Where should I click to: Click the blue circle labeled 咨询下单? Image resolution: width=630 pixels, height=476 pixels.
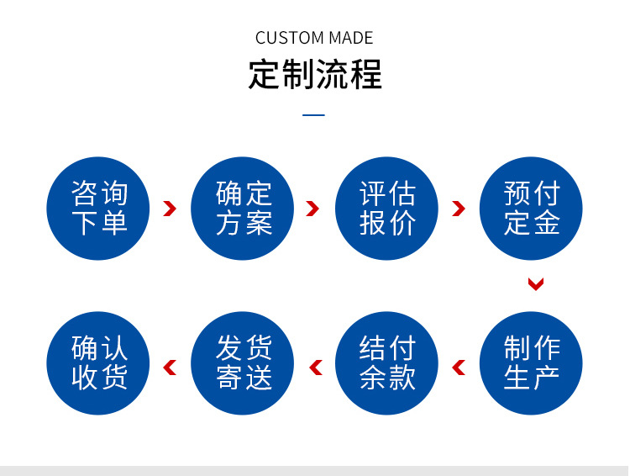coord(98,209)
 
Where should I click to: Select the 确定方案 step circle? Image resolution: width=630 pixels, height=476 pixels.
coord(243,209)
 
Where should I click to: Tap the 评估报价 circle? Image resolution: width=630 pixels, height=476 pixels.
coord(387,209)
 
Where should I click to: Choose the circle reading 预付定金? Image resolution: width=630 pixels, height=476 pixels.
coord(531,209)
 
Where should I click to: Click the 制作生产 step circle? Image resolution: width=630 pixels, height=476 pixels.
coord(531,362)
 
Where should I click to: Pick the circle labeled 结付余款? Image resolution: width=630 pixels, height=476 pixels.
coord(387,362)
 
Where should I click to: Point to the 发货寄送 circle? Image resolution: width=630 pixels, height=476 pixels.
coord(243,362)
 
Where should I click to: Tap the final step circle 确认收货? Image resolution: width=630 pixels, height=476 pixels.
coord(98,362)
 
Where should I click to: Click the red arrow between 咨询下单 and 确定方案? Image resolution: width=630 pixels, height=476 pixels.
coord(170,209)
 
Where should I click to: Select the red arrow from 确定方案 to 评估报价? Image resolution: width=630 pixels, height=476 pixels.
coord(313,209)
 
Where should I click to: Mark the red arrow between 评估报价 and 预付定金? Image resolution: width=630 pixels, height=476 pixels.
coord(458,209)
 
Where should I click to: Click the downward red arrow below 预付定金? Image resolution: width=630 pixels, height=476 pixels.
coord(536,284)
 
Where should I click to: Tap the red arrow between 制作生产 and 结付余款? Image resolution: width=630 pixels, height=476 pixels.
coord(459,367)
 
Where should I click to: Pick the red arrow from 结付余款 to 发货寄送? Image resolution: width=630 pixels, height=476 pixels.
coord(316,367)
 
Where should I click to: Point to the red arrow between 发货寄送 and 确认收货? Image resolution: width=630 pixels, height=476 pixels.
coord(170,367)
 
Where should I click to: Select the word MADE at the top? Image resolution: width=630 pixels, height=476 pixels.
coord(351,38)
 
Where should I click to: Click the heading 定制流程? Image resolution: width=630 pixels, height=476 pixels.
coord(315,74)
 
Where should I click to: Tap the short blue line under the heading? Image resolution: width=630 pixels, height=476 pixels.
coord(313,115)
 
